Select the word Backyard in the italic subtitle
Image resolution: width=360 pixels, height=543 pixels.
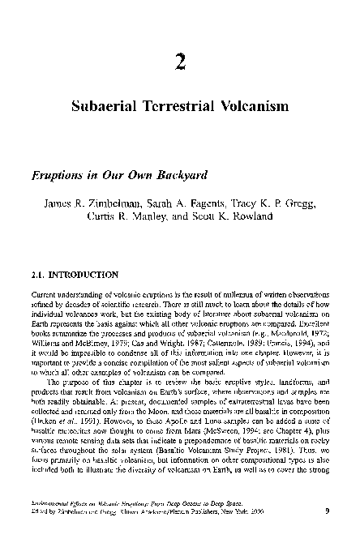pos(182,173)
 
